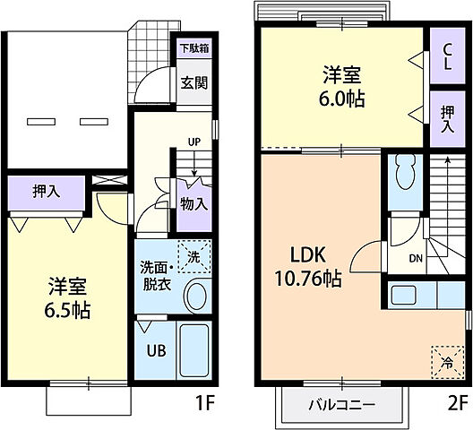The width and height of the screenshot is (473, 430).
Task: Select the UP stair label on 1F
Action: (x=193, y=141)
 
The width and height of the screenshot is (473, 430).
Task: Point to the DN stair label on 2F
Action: (x=417, y=258)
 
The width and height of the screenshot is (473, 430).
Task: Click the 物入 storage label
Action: (x=193, y=203)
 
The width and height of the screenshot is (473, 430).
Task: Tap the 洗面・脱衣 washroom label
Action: (x=154, y=275)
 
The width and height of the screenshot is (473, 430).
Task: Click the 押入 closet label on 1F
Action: (x=47, y=191)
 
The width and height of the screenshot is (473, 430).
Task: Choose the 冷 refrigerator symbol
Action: (x=446, y=362)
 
